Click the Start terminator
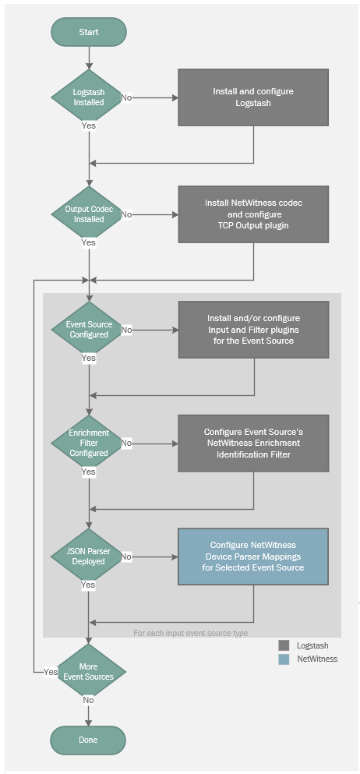pos(88,32)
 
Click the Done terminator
pos(88,740)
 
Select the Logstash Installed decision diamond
pos(88,97)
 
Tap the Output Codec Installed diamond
pos(88,214)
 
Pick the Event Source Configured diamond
pos(88,329)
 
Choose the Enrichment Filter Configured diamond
pos(88,443)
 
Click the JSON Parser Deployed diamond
pos(88,557)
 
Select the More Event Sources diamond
pos(88,671)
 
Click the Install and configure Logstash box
pos(253,97)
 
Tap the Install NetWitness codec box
pos(253,214)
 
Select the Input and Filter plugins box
pos(253,329)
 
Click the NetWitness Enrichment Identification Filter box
pos(253,443)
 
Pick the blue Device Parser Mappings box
pos(253,557)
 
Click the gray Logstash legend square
pos(284,645)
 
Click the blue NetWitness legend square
pos(284,659)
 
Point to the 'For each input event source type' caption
pos(191,633)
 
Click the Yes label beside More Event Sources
pos(51,672)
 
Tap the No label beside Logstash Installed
pos(126,97)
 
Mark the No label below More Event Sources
pos(88,700)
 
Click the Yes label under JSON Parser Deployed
pos(88,585)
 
